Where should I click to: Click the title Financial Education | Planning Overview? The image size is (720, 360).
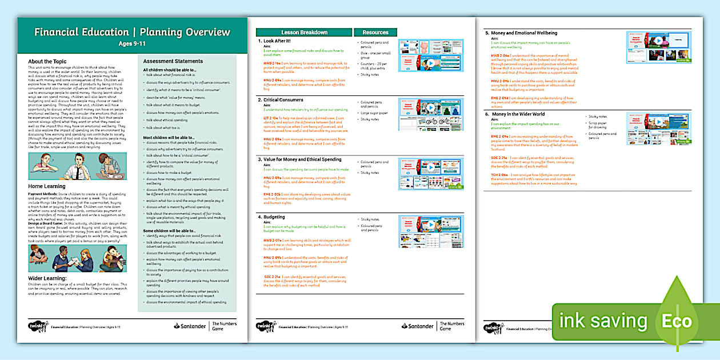click(132, 32)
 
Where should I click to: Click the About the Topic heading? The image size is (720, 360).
click(47, 61)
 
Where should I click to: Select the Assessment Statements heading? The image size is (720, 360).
click(173, 61)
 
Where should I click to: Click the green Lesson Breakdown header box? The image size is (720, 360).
click(304, 33)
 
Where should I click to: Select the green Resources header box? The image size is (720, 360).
click(375, 33)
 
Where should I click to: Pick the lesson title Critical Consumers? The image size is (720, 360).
click(284, 100)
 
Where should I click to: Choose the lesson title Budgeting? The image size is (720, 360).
click(274, 217)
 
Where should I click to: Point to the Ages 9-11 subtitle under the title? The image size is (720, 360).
click(132, 44)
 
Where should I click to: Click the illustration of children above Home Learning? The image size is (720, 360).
click(78, 166)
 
